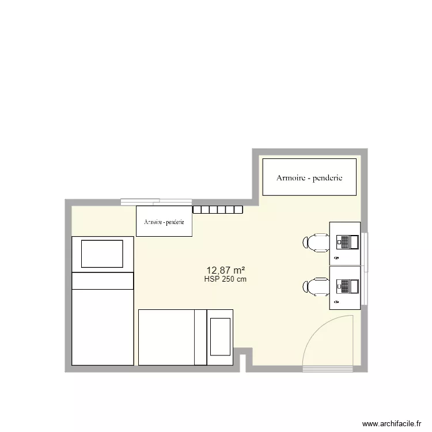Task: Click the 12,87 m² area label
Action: pyautogui.click(x=226, y=270)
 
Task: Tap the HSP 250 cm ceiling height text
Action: pyautogui.click(x=225, y=279)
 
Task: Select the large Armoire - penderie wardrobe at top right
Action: pyautogui.click(x=309, y=177)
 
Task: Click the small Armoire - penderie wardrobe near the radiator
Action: pyautogui.click(x=164, y=221)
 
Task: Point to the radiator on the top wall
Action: pyautogui.click(x=218, y=210)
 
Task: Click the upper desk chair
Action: pyautogui.click(x=316, y=242)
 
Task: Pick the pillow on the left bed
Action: pyautogui.click(x=102, y=254)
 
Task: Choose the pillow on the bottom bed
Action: pyautogui.click(x=219, y=336)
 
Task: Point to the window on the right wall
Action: pyautogui.click(x=366, y=270)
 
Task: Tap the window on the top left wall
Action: pyautogui.click(x=140, y=202)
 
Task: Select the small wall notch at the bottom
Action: pyautogui.click(x=243, y=360)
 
